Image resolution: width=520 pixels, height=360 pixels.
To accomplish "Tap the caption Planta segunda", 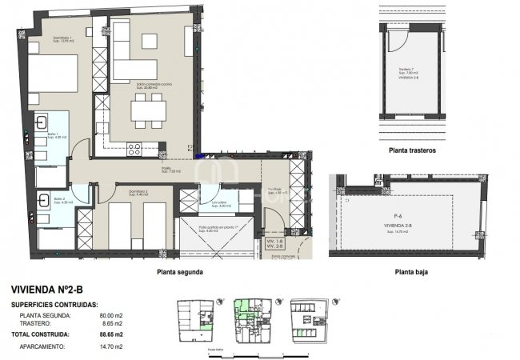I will point(180,272).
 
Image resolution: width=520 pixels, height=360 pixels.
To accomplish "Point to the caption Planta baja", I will point(414,272).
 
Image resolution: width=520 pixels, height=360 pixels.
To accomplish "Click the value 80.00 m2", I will point(108,316).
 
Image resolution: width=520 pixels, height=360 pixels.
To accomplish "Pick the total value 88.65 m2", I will point(108,334).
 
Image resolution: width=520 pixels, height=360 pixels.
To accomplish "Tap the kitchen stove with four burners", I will point(134,148).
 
